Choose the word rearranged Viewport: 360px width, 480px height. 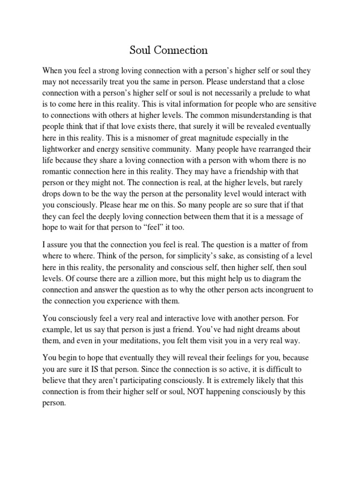click(276, 149)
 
